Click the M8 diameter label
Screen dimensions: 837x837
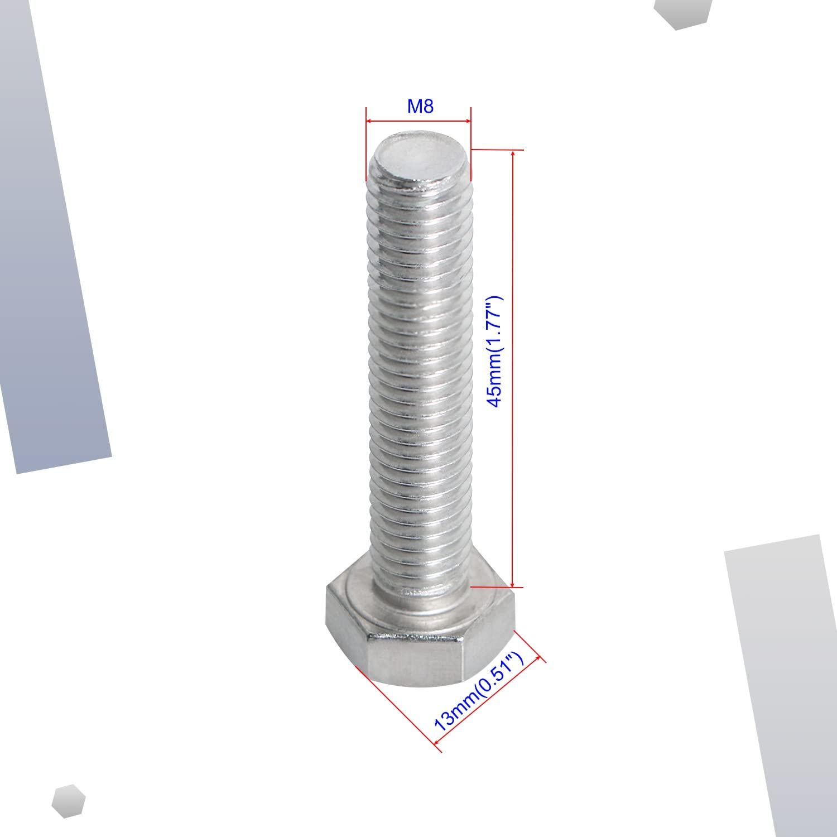[420, 106]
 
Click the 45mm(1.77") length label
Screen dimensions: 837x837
[495, 352]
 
